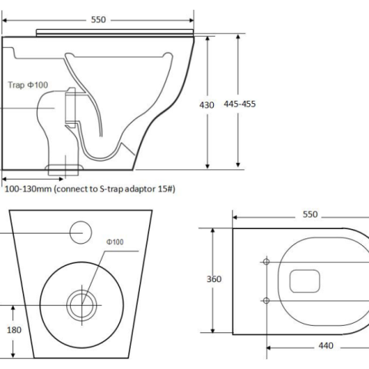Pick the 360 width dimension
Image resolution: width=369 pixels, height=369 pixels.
tap(214, 279)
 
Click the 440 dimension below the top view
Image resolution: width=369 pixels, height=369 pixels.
tap(325, 346)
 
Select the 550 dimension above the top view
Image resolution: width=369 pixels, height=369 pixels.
tap(310, 215)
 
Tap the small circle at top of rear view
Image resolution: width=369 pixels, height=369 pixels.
tap(81, 230)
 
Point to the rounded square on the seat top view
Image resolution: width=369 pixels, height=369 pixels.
tap(305, 280)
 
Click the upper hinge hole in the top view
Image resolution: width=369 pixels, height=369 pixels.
tap(266, 261)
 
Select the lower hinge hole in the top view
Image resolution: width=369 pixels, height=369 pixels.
tap(266, 299)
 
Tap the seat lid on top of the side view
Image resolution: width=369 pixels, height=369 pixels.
tap(115, 31)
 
